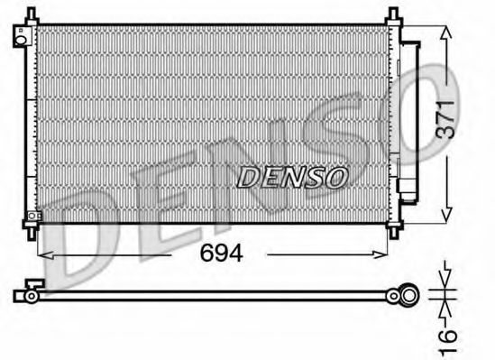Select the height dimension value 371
(x=445, y=116)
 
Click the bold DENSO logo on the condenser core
(x=291, y=178)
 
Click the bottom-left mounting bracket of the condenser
(x=32, y=217)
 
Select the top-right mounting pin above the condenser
(x=394, y=15)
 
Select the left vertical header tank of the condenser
(x=32, y=122)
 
